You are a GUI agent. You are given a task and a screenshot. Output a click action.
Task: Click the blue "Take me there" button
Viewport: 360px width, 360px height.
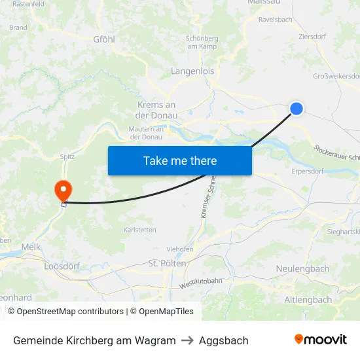click(x=180, y=160)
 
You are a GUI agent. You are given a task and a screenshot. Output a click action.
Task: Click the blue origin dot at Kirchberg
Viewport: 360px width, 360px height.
click(x=297, y=108)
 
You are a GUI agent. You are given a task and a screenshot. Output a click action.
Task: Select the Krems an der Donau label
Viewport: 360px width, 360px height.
click(x=156, y=110)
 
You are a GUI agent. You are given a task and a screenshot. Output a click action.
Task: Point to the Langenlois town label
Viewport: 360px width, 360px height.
click(x=192, y=71)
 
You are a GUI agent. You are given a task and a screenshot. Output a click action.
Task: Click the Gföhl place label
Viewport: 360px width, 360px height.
click(x=104, y=39)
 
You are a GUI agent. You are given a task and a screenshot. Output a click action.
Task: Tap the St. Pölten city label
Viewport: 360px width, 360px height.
click(x=168, y=263)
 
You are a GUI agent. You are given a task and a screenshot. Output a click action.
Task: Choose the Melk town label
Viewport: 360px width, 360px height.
click(x=31, y=247)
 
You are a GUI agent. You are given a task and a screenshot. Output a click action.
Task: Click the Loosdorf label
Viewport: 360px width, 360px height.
click(x=61, y=266)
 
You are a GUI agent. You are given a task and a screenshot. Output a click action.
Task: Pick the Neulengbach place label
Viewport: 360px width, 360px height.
click(x=302, y=269)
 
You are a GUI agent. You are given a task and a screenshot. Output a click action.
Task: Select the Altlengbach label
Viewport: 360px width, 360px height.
click(x=308, y=300)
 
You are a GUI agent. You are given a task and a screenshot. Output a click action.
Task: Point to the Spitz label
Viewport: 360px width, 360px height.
click(x=67, y=156)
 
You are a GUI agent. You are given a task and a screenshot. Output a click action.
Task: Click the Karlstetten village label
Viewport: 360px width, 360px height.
click(x=140, y=230)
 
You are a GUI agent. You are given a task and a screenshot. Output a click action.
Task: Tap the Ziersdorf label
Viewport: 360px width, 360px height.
click(x=312, y=37)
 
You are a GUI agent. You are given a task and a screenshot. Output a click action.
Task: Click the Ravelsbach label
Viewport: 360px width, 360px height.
click(x=275, y=20)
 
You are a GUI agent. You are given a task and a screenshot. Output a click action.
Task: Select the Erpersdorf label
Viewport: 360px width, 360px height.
click(x=307, y=172)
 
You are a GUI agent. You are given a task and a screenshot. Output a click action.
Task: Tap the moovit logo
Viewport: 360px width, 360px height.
click(x=321, y=340)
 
